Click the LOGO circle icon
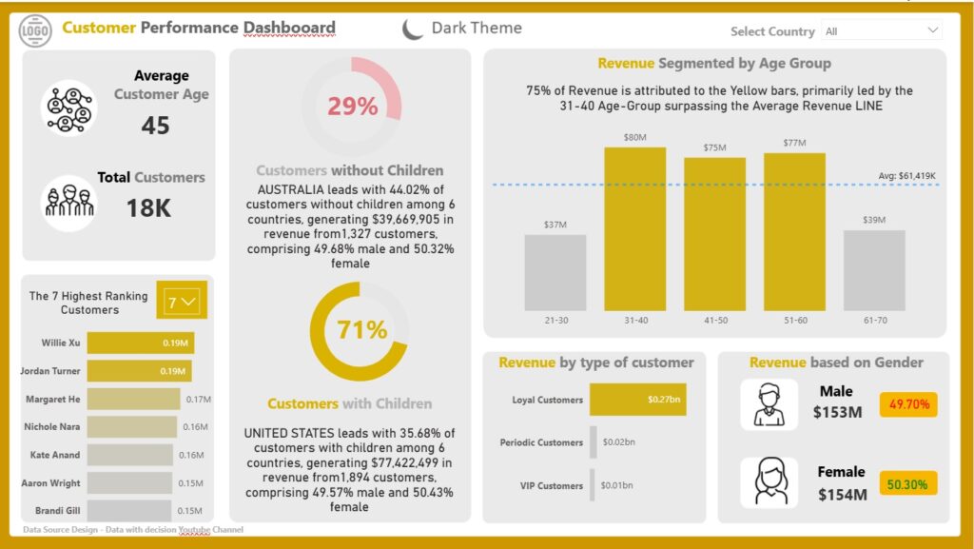pos(35,29)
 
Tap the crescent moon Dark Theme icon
pos(411,29)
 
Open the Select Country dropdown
pos(882,31)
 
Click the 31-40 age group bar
pos(634,229)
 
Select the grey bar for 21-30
pos(555,273)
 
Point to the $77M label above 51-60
pos(794,143)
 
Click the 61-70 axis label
pos(875,321)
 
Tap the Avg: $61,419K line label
pos(906,176)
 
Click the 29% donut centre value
pos(352,107)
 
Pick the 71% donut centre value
pos(361,330)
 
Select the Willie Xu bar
pos(141,343)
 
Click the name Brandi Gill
pos(58,511)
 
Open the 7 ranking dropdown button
pos(182,302)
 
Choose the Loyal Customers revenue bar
pos(638,400)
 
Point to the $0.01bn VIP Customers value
pos(616,485)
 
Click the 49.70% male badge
pos(908,404)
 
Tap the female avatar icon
pos(769,483)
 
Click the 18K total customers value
pos(148,208)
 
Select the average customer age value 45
pos(155,126)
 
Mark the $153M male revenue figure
pos(837,412)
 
